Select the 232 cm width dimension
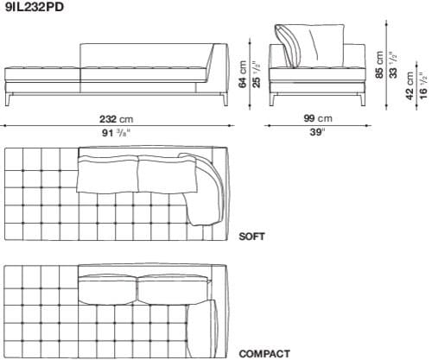tap(116, 118)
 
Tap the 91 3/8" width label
tap(116, 132)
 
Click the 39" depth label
tap(316, 132)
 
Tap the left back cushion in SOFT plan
tap(108, 175)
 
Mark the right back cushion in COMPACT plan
tap(172, 290)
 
